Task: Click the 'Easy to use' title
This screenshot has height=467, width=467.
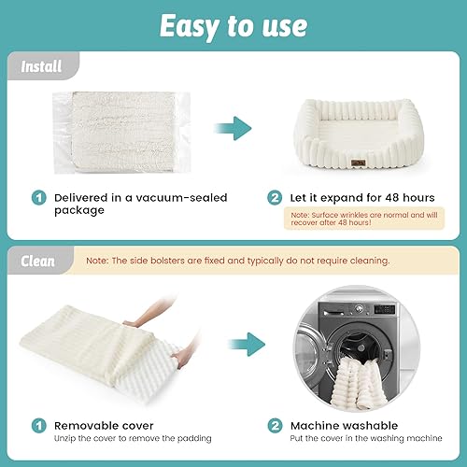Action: pos(233,25)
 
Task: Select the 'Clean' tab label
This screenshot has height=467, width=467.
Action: pos(38,262)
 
